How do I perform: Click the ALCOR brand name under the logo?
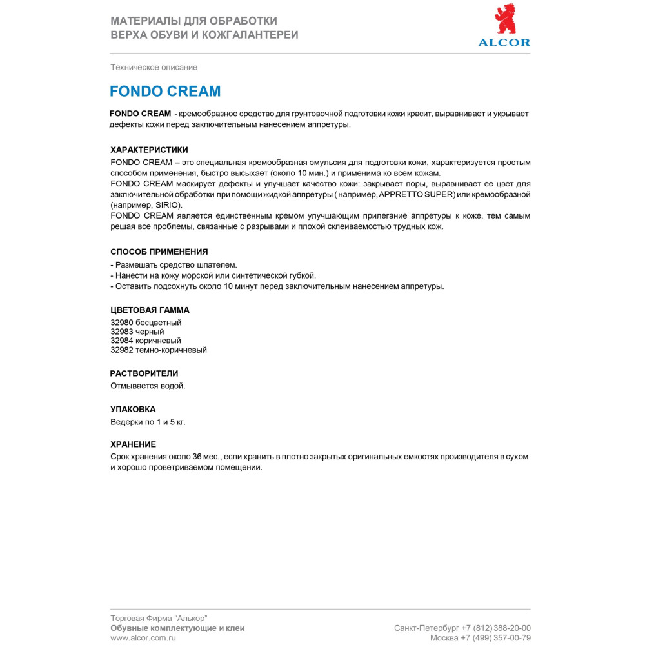[504, 43]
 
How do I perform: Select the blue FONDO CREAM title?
[165, 91]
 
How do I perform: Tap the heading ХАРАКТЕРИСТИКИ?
[149, 150]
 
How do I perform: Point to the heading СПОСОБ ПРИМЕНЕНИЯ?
[159, 252]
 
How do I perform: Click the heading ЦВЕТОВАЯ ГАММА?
[150, 310]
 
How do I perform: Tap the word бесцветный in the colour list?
[159, 322]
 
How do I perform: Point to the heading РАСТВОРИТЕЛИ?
[144, 373]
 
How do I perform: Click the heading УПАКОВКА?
[134, 409]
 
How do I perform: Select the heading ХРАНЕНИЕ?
[134, 444]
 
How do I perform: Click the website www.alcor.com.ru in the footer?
[143, 637]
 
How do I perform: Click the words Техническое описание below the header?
[154, 67]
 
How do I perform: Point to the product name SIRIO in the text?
[168, 204]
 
